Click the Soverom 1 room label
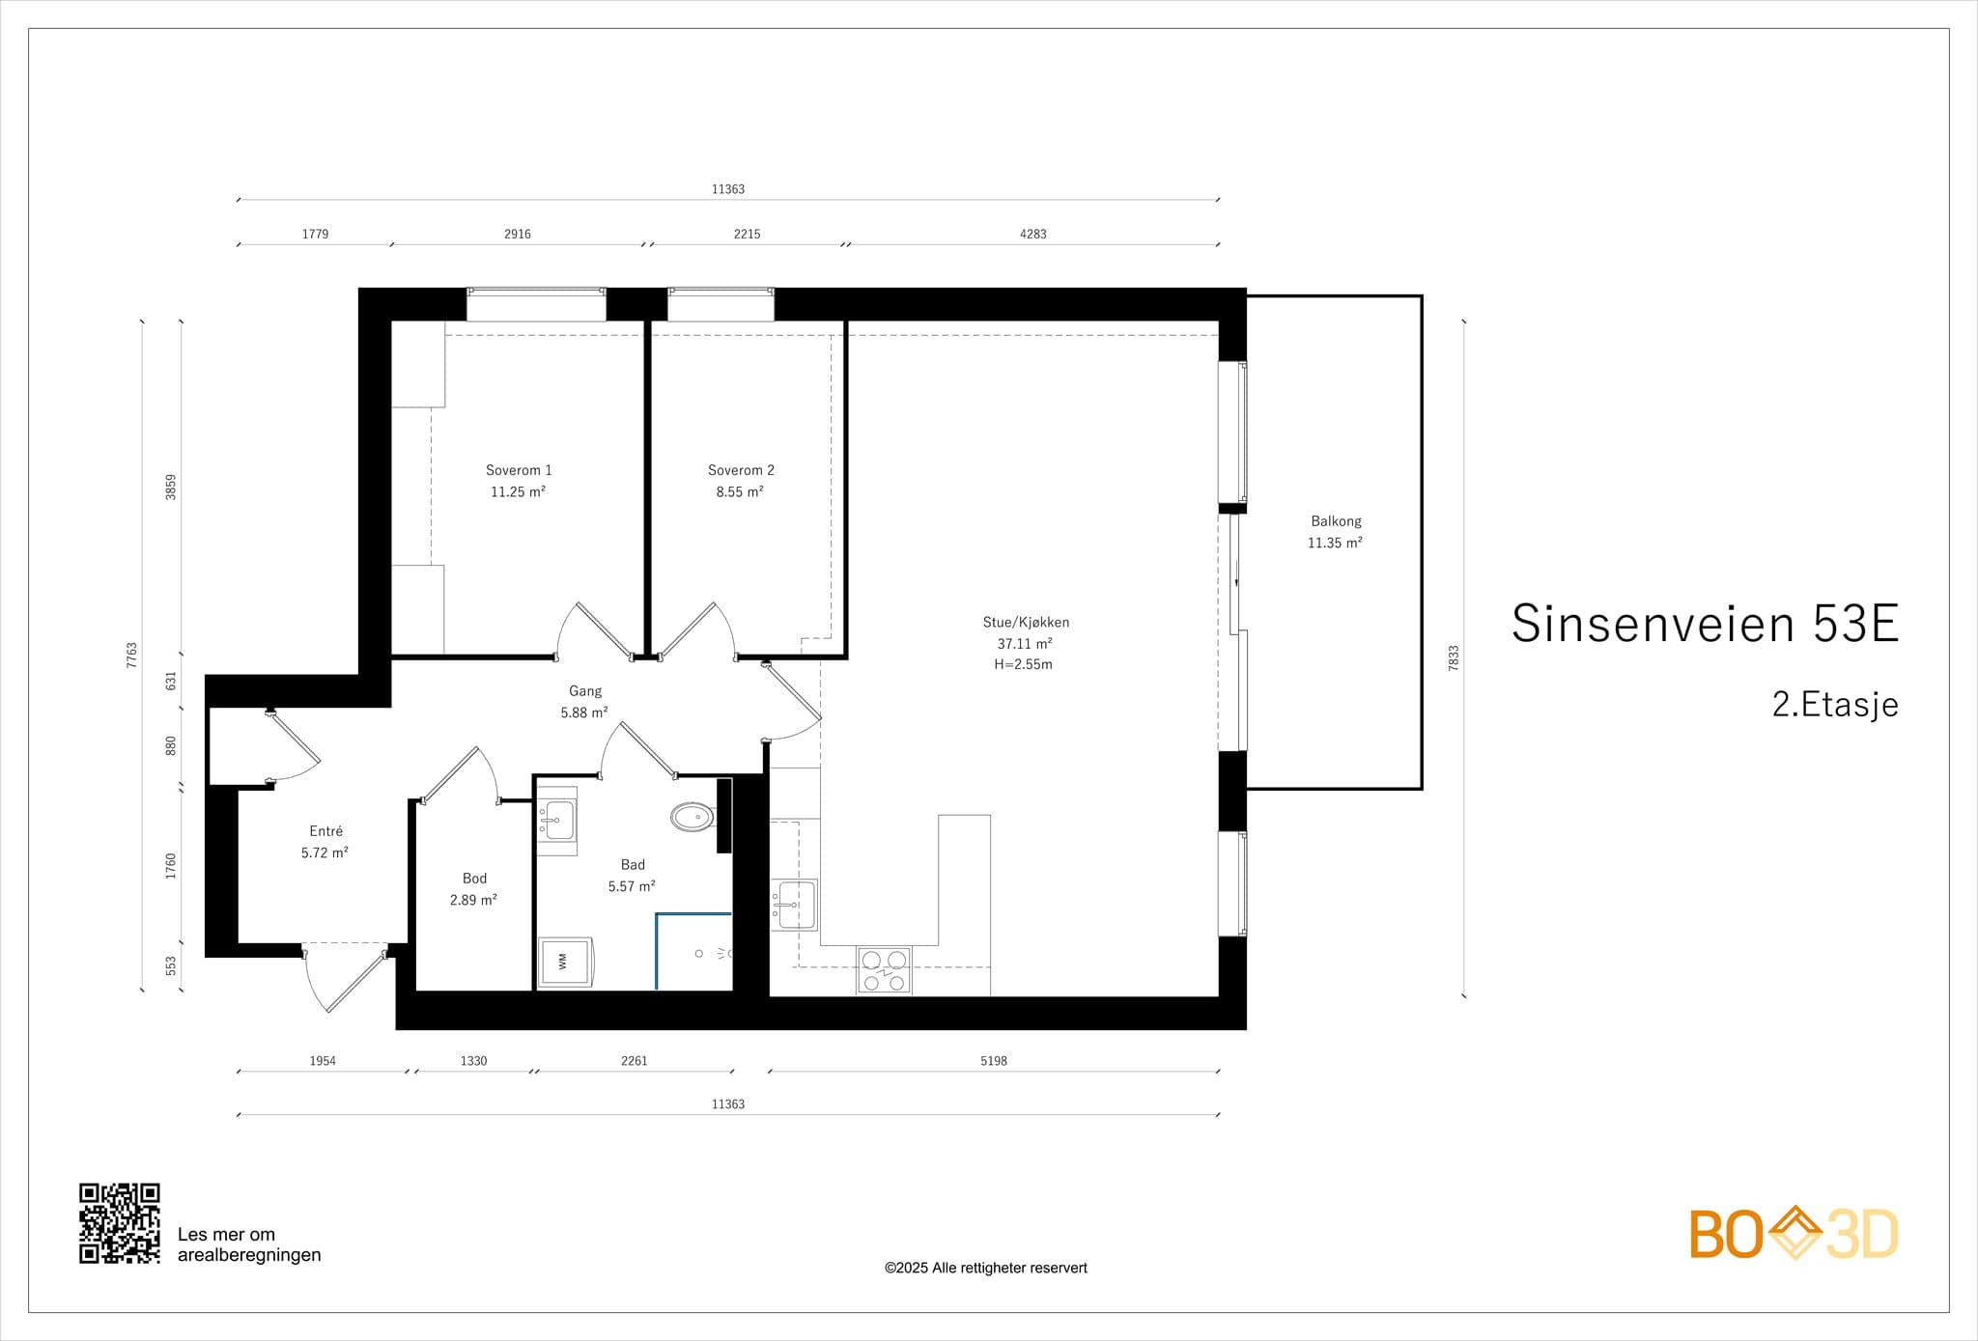pos(519,470)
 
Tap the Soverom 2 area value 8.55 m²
pos(740,491)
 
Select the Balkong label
pos(1336,521)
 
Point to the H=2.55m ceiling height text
pos(1023,664)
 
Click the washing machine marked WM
pos(564,962)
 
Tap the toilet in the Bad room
pos(693,818)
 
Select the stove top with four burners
pos(884,971)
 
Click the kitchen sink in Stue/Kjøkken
pos(793,905)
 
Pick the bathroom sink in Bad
pos(555,821)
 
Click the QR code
pos(120,1223)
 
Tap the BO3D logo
pos(1794,1233)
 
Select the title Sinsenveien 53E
pos(1705,623)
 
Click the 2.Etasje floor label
pos(1835,705)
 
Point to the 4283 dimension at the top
pos(1033,234)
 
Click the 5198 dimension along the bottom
pos(994,1061)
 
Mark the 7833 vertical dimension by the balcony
pos(1454,658)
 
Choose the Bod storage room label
pos(474,879)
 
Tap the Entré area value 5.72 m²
pos(325,852)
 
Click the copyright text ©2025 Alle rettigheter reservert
pos(986,1268)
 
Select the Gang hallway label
pos(585,691)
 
